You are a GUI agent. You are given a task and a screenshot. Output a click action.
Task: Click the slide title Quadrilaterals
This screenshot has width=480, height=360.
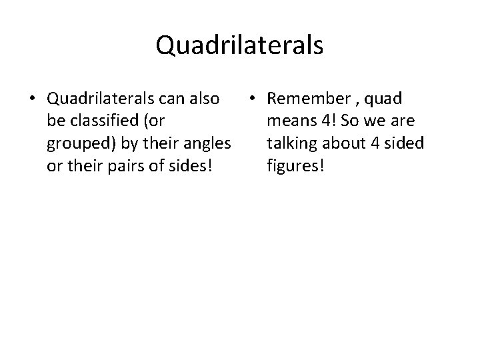coord(239,45)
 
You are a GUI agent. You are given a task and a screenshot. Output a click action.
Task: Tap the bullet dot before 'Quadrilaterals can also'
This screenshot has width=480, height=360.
coord(33,99)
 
